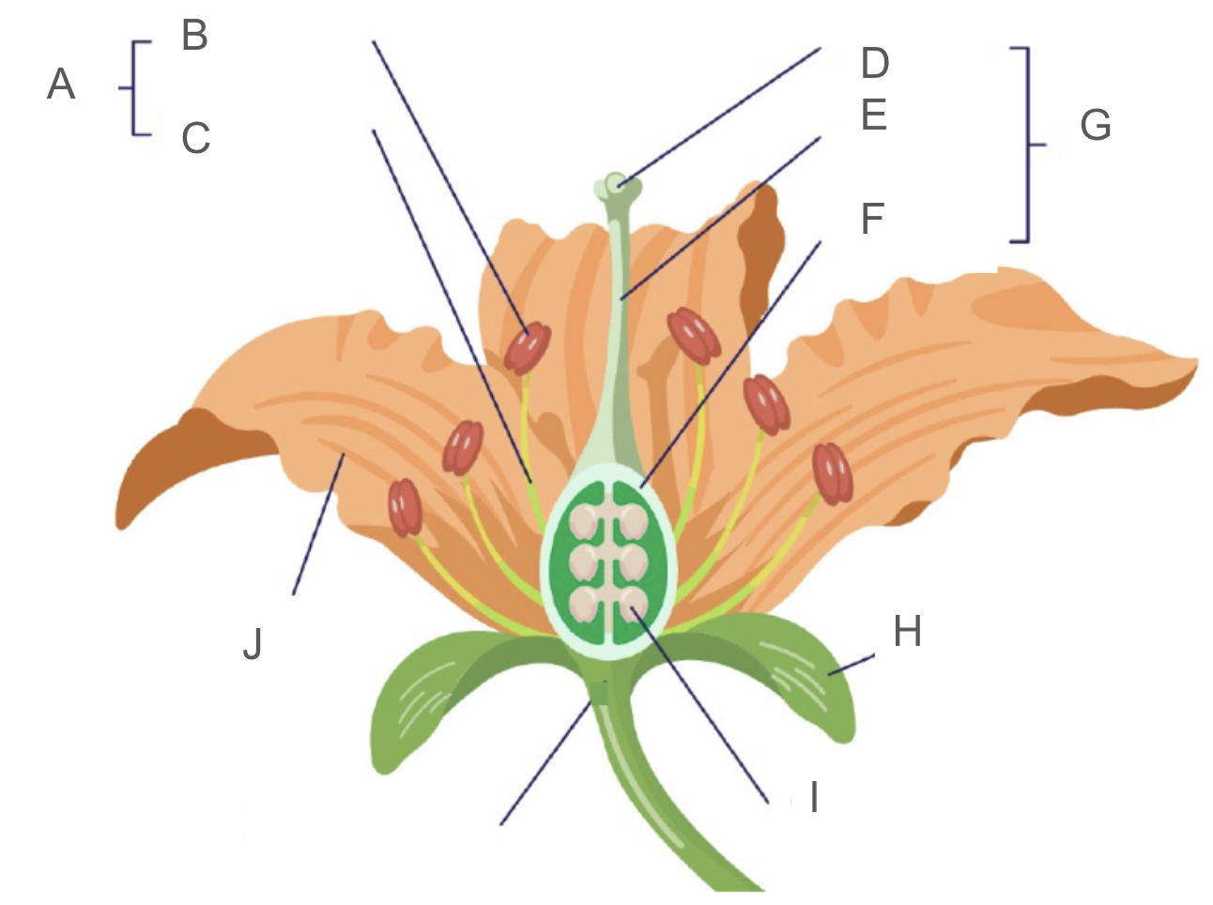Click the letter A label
[x=61, y=84]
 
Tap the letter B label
[x=194, y=37]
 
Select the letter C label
[x=195, y=138]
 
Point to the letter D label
[x=874, y=64]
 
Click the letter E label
[x=873, y=115]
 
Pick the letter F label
[x=872, y=218]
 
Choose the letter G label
[x=1095, y=125]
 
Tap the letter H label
[x=907, y=632]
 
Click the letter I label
[x=814, y=797]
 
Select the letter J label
[x=252, y=644]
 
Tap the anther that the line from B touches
[x=527, y=348]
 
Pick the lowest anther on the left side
[x=406, y=507]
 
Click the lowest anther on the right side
[x=832, y=473]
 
